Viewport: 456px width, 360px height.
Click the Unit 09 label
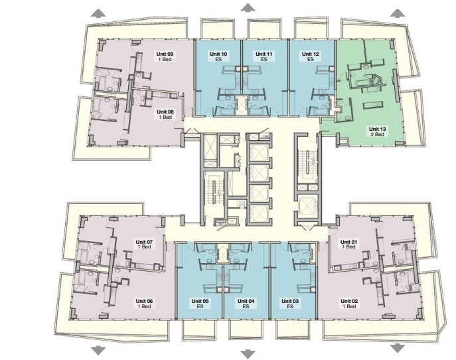click(x=165, y=54)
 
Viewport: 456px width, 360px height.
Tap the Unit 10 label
click(x=218, y=54)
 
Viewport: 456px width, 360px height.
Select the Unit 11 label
click(x=264, y=54)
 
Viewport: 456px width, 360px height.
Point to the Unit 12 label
click(x=310, y=54)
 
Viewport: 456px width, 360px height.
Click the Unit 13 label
click(x=377, y=129)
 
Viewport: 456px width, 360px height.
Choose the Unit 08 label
click(x=165, y=112)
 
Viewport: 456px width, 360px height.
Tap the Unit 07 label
click(x=144, y=242)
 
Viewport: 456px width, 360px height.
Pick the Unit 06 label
click(x=144, y=301)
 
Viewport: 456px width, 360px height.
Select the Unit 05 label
click(x=200, y=301)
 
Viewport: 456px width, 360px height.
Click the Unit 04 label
click(x=246, y=301)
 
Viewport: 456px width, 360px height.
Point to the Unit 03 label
click(x=290, y=301)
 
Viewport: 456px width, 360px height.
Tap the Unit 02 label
click(x=349, y=301)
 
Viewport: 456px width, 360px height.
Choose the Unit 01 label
click(x=348, y=242)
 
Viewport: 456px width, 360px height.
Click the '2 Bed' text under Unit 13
click(x=377, y=134)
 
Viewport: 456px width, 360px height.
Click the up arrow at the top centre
click(x=248, y=7)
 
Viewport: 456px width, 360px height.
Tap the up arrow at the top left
click(x=98, y=13)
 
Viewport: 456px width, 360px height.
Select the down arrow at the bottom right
click(x=397, y=348)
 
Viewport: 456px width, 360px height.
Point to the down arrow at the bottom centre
click(x=248, y=355)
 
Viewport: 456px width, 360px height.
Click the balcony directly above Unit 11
click(x=264, y=29)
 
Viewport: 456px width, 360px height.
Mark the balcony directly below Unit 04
click(x=246, y=329)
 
